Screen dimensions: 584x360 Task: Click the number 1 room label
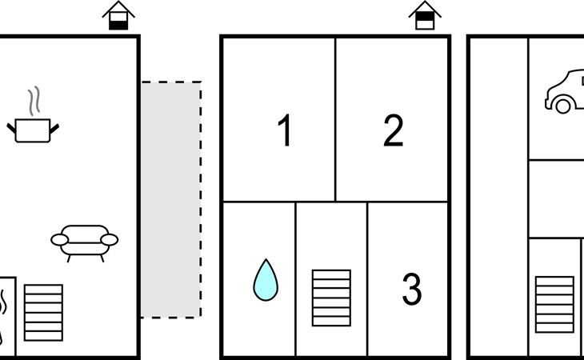[x=285, y=130]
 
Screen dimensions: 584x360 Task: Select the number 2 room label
[x=394, y=130]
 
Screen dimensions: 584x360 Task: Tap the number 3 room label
[x=412, y=289]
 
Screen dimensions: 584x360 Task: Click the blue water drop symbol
[x=266, y=280]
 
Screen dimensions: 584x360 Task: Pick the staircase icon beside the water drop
[x=331, y=298]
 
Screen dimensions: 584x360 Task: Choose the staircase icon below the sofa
[x=43, y=313]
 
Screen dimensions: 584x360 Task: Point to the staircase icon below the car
[x=554, y=305]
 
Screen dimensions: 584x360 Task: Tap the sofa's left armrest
[x=59, y=240]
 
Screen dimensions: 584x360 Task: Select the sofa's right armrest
[x=110, y=240]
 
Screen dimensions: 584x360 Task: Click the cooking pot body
[x=33, y=130]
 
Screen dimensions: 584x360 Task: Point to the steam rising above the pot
[x=34, y=101]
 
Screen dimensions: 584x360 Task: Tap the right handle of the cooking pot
[x=54, y=129]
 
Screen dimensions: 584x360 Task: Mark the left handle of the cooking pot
[x=11, y=129]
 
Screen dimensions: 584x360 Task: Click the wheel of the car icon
[x=563, y=106]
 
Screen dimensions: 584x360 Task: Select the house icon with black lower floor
[x=118, y=16]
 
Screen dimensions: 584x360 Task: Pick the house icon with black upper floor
[x=425, y=16]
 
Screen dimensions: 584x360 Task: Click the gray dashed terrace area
[x=171, y=200]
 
